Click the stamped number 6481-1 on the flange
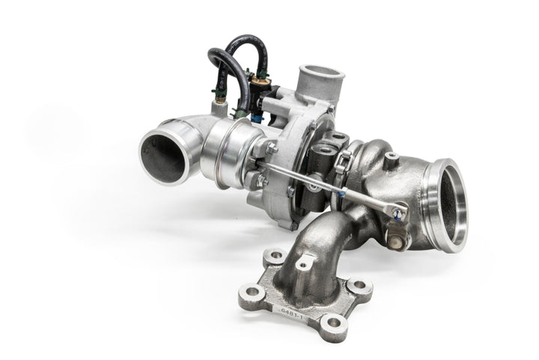coord(293,309)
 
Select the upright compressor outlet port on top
coord(321,80)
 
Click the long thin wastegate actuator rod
coord(329,187)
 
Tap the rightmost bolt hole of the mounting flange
coord(360,286)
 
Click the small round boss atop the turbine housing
coord(390,158)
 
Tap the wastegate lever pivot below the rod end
coord(395,238)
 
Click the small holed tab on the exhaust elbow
coord(303,263)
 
